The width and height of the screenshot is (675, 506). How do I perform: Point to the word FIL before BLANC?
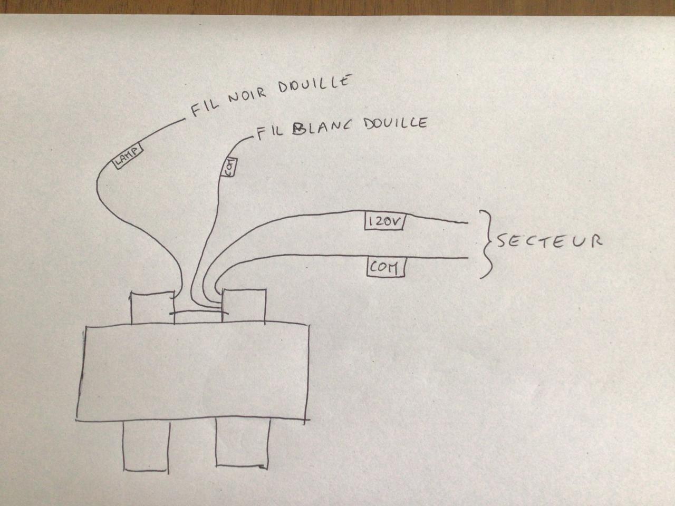coord(272,132)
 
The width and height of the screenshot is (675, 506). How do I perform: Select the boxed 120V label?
coord(384,221)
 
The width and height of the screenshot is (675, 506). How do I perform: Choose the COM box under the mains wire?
coord(385,268)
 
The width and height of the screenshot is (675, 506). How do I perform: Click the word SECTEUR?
coord(549,241)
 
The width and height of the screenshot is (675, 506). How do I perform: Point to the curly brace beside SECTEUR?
coord(487,244)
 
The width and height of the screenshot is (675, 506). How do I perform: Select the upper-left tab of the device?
coord(152,309)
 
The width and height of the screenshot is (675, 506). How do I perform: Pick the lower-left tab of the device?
coord(146,446)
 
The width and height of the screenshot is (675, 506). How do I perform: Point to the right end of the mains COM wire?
coord(466,258)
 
